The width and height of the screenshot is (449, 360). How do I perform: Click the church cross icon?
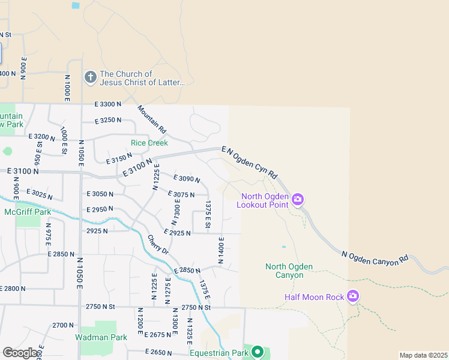click(x=91, y=77)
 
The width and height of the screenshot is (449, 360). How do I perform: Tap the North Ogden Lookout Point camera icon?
click(x=297, y=199)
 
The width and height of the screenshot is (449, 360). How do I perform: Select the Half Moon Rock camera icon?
click(x=353, y=296)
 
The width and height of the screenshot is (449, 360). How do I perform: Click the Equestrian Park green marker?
click(x=258, y=352)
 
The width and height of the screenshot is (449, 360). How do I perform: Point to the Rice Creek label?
click(x=149, y=143)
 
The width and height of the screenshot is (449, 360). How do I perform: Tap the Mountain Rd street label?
click(x=152, y=119)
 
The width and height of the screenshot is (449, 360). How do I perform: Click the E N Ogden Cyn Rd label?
click(x=249, y=163)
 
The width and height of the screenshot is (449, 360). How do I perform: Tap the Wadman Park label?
click(x=101, y=337)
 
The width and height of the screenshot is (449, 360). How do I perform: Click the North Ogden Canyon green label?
click(x=285, y=271)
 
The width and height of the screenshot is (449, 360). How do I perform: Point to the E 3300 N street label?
click(x=108, y=104)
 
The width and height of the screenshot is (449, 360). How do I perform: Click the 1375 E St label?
click(x=208, y=215)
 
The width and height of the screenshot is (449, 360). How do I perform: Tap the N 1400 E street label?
click(x=221, y=253)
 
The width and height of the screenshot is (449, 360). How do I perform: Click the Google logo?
click(x=20, y=353)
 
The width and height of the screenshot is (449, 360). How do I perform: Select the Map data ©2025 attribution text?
click(x=423, y=355)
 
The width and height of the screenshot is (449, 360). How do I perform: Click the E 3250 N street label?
click(x=109, y=121)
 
